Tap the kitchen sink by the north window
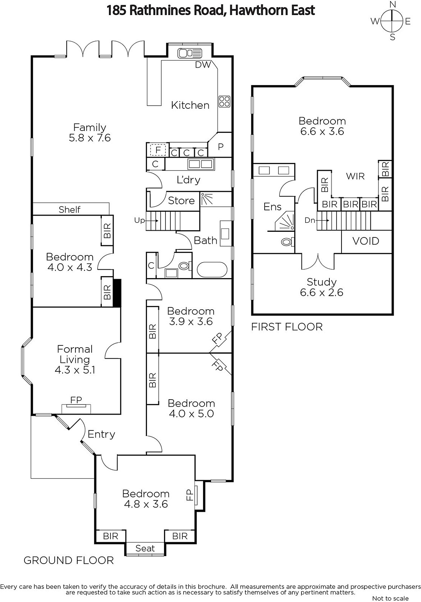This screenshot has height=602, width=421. point(190,53)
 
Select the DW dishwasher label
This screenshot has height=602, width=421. point(203,65)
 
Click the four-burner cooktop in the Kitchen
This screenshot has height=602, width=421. point(224,102)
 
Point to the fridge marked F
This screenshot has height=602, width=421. point(158,150)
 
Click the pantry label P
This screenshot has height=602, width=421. point(220,147)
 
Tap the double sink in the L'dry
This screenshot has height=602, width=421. point(201,164)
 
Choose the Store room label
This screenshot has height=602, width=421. point(181,201)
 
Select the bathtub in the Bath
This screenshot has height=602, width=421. point(212,269)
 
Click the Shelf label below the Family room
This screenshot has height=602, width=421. point(69,209)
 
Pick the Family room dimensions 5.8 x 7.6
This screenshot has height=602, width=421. point(90,138)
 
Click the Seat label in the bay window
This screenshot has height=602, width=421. point(145,548)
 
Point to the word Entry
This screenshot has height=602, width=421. point(101,434)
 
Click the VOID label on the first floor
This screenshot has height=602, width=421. point(366,241)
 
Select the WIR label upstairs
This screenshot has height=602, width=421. point(355,176)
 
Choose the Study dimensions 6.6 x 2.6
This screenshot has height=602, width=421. point(321,292)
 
